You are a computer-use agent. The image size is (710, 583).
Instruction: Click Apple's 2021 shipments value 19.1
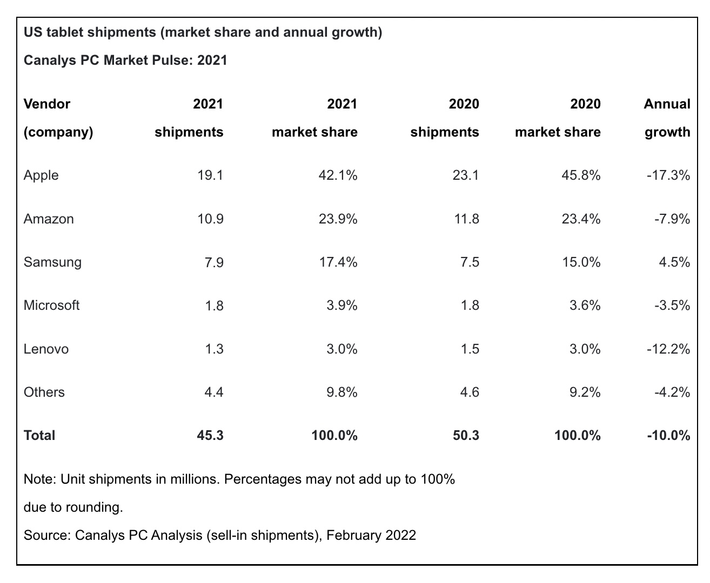(211, 175)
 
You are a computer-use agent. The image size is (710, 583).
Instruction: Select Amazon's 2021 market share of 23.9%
(338, 219)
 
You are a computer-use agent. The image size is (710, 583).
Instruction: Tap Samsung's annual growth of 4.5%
(675, 262)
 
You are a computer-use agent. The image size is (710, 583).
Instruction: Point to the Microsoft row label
(51, 306)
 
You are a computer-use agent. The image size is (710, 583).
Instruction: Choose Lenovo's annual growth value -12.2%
(668, 349)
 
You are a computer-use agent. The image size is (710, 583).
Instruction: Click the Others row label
(44, 392)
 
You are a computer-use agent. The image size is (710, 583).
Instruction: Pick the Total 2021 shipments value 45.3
(210, 436)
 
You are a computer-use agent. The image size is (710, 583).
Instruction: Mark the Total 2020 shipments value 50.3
(466, 436)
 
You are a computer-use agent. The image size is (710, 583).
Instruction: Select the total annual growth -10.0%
(668, 436)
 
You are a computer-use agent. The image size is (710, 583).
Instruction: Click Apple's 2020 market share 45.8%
(581, 175)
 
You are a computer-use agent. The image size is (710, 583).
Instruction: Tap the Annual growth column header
(667, 118)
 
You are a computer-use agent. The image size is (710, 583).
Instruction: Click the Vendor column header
(47, 104)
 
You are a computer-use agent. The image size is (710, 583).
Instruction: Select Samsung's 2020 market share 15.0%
(581, 262)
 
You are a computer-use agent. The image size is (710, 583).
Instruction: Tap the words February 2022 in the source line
(371, 535)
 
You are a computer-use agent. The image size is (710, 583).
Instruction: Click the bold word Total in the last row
(39, 436)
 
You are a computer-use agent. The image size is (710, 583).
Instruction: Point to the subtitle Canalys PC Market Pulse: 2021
(125, 60)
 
